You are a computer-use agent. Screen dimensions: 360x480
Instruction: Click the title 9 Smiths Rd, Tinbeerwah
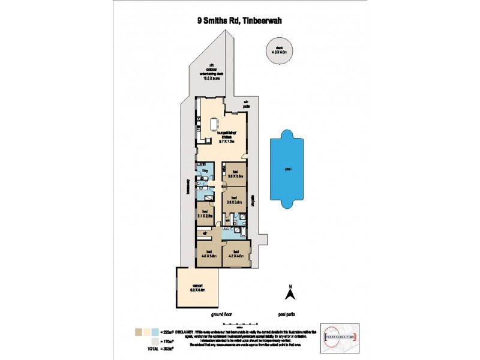(x=240, y=20)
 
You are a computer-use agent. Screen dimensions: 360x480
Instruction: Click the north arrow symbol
(x=289, y=293)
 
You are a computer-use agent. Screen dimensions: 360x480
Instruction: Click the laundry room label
(x=205, y=172)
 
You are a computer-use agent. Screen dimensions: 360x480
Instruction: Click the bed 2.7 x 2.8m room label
(x=205, y=213)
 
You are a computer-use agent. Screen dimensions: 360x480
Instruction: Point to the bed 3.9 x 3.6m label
(x=234, y=200)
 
